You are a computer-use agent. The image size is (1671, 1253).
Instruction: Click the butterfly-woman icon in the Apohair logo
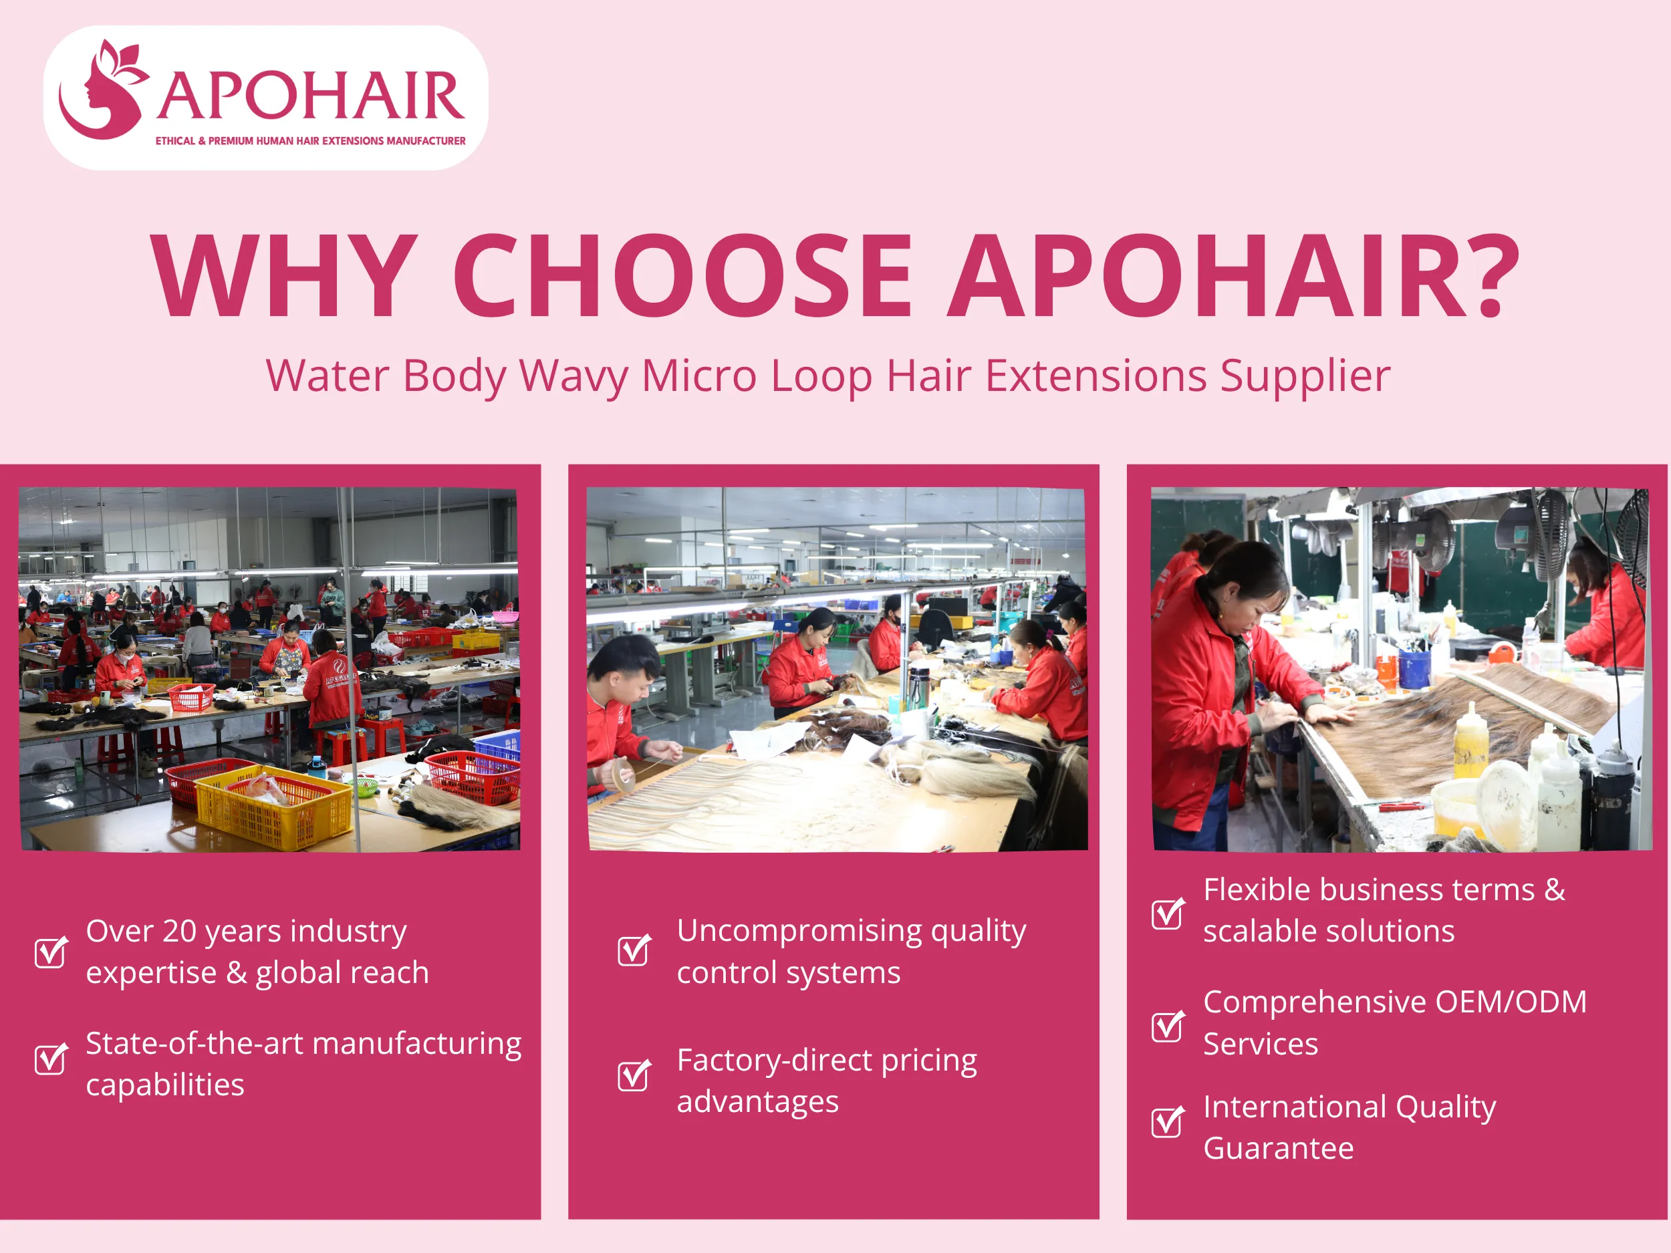[102, 91]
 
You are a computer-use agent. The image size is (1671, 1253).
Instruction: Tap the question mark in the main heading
[1493, 276]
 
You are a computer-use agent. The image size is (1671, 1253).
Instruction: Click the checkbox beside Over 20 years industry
[51, 952]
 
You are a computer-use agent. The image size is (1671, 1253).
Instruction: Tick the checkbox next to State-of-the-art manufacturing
[51, 1059]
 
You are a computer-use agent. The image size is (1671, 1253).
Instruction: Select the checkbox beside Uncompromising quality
[633, 950]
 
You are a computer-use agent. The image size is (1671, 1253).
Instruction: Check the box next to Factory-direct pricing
[633, 1075]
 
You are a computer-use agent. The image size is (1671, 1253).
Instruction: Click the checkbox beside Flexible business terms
[1167, 914]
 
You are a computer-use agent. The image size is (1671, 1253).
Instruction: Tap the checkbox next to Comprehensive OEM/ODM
[1167, 1026]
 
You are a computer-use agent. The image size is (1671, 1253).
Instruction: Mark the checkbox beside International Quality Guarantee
[1167, 1121]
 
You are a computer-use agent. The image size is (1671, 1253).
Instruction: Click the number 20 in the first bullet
[180, 932]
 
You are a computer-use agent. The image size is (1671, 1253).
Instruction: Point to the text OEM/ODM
[1510, 1002]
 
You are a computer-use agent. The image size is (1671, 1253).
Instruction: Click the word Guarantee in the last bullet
[1278, 1149]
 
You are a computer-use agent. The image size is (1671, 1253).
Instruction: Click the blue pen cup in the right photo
[1414, 668]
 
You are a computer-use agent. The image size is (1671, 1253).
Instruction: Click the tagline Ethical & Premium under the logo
[309, 141]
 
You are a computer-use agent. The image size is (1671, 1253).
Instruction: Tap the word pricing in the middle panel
[928, 1061]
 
